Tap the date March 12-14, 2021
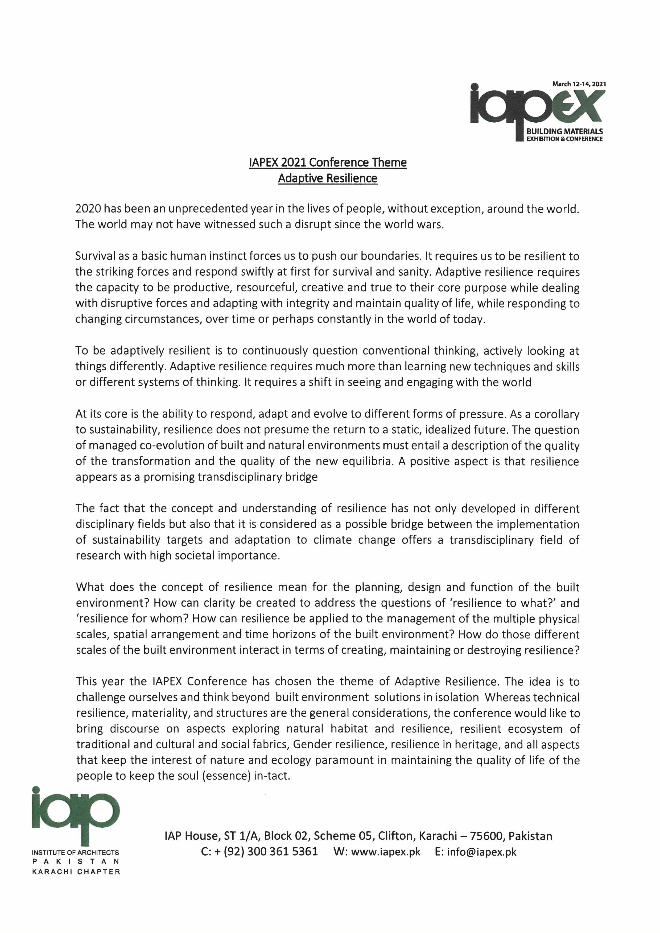click(x=579, y=84)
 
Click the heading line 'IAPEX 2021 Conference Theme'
click(x=328, y=163)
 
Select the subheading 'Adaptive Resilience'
click(x=328, y=179)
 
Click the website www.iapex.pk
click(x=386, y=852)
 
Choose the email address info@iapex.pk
click(x=482, y=852)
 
